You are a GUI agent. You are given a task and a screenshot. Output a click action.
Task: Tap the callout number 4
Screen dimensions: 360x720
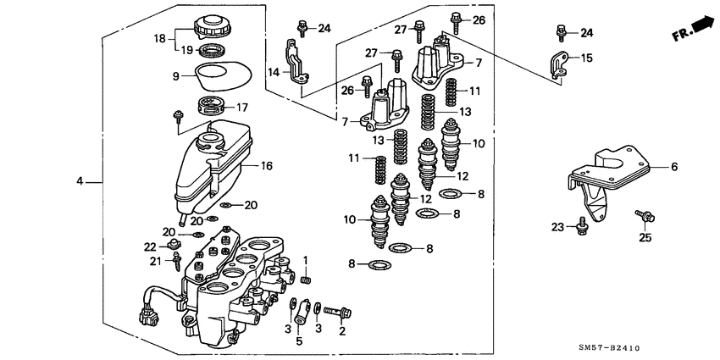tap(80, 181)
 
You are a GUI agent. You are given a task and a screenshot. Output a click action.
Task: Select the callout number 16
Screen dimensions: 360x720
tap(266, 167)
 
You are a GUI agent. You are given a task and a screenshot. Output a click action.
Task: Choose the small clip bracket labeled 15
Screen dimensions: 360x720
tap(559, 65)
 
